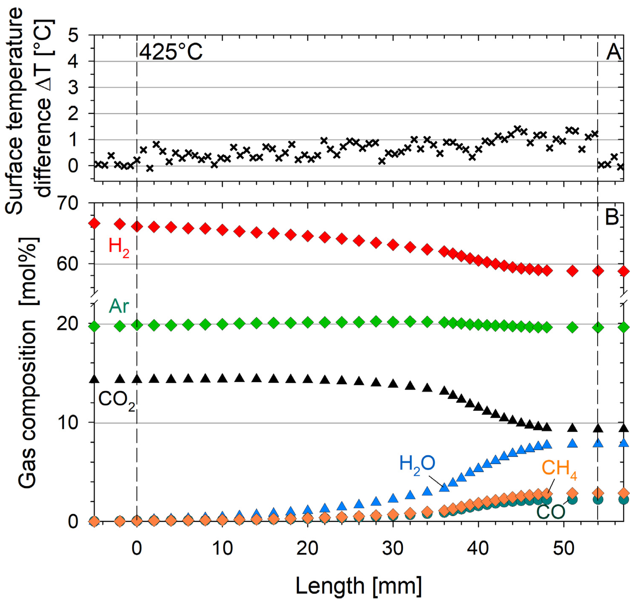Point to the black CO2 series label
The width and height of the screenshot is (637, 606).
(116, 401)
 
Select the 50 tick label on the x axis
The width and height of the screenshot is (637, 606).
(563, 548)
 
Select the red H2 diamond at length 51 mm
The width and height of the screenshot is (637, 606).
(572, 271)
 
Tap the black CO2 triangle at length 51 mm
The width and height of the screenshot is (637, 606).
(572, 428)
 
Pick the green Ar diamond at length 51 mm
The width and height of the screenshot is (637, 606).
(572, 327)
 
